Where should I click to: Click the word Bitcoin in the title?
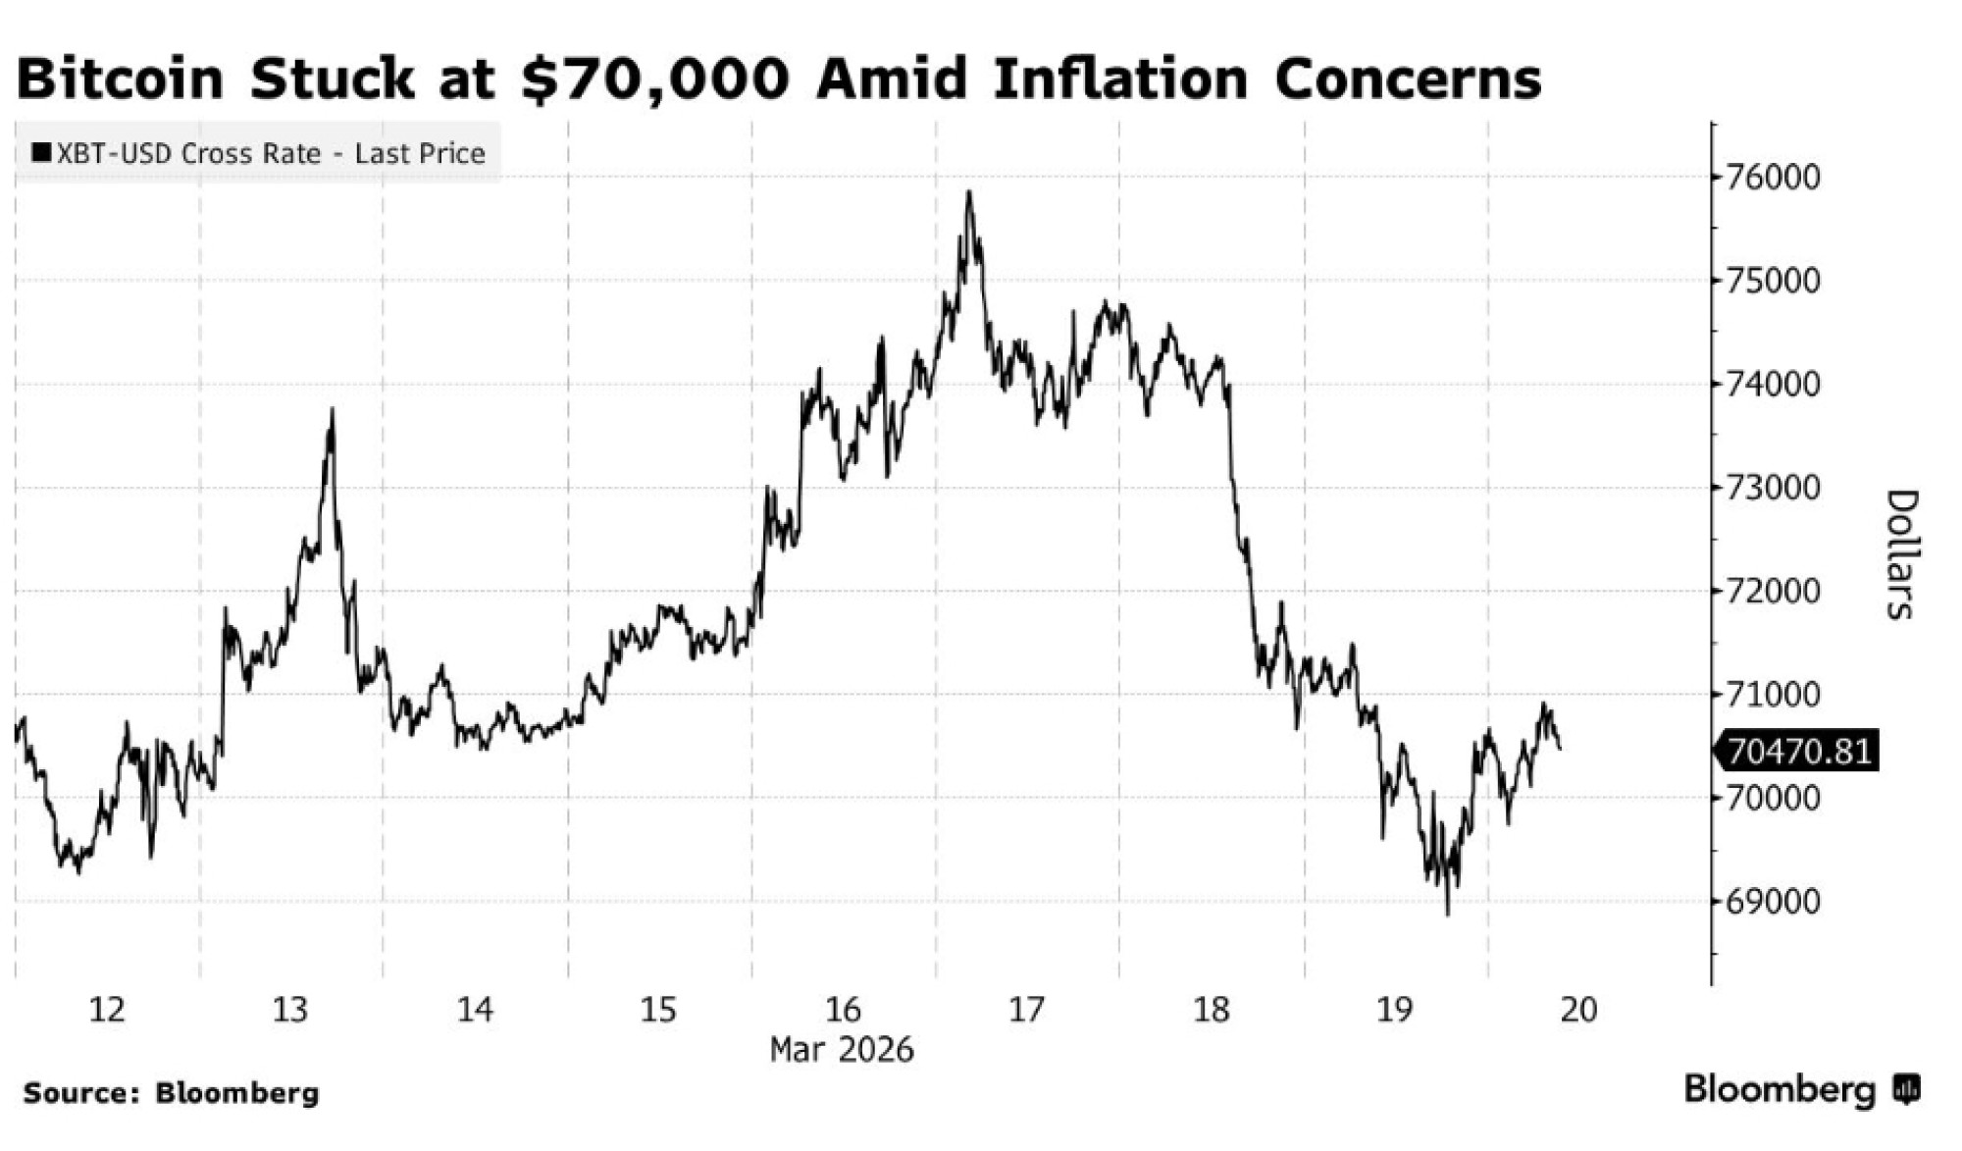[121, 78]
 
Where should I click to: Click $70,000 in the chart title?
[654, 78]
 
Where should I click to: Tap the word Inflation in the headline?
[1119, 78]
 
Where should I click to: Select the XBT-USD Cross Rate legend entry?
[258, 153]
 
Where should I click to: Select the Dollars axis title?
[1900, 554]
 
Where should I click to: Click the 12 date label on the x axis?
[107, 1009]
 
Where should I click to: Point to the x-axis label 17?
[1026, 1009]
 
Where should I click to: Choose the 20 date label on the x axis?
[1577, 1009]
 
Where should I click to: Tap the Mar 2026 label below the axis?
[841, 1049]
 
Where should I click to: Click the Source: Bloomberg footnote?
[172, 1093]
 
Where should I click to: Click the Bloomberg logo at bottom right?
[1801, 1089]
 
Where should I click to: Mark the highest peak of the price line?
[968, 191]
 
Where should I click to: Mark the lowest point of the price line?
[1448, 915]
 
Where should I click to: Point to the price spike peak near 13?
[332, 410]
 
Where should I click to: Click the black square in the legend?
[41, 153]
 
